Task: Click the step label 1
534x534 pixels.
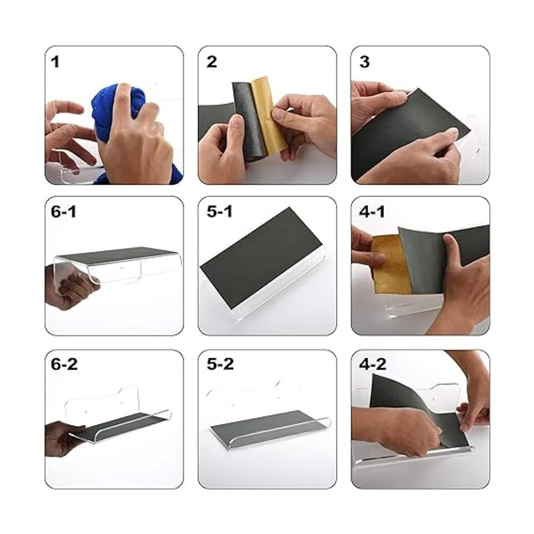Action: [56, 62]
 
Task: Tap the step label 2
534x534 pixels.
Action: [212, 62]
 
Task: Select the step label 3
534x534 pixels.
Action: [364, 62]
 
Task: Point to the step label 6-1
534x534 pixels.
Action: [64, 212]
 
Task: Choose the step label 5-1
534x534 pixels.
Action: [219, 212]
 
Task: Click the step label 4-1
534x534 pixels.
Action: [372, 212]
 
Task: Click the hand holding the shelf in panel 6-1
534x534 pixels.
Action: [71, 285]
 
